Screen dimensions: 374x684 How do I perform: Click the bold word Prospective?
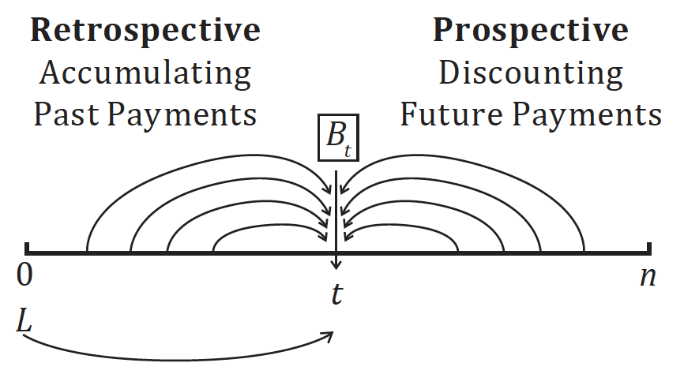[x=530, y=30]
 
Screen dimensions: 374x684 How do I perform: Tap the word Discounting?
[x=530, y=73]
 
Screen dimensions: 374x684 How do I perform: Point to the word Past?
[x=66, y=114]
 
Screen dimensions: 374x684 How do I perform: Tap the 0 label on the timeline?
[x=26, y=277]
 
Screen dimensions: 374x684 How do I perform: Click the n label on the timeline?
[x=648, y=277]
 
